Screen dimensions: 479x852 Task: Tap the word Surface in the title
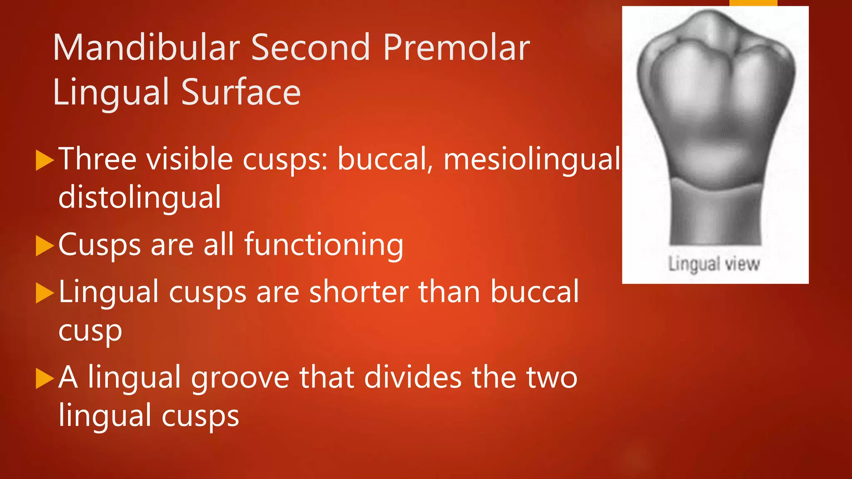click(x=241, y=92)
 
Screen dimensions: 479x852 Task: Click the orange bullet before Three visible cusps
click(x=45, y=160)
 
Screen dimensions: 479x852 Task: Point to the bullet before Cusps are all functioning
click(x=45, y=246)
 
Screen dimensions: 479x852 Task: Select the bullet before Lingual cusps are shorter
click(x=45, y=293)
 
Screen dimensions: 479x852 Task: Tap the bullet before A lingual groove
click(x=45, y=378)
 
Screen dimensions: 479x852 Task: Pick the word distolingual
click(x=140, y=197)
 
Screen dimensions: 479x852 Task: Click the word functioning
click(x=324, y=245)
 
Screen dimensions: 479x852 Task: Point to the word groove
click(x=240, y=378)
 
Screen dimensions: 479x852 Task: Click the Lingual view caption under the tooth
click(x=714, y=264)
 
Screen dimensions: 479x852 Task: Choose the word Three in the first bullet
click(x=97, y=159)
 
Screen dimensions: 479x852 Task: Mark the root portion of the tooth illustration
click(x=715, y=216)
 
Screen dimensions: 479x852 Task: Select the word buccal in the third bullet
click(x=535, y=292)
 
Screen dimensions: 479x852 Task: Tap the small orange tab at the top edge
click(x=753, y=3)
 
